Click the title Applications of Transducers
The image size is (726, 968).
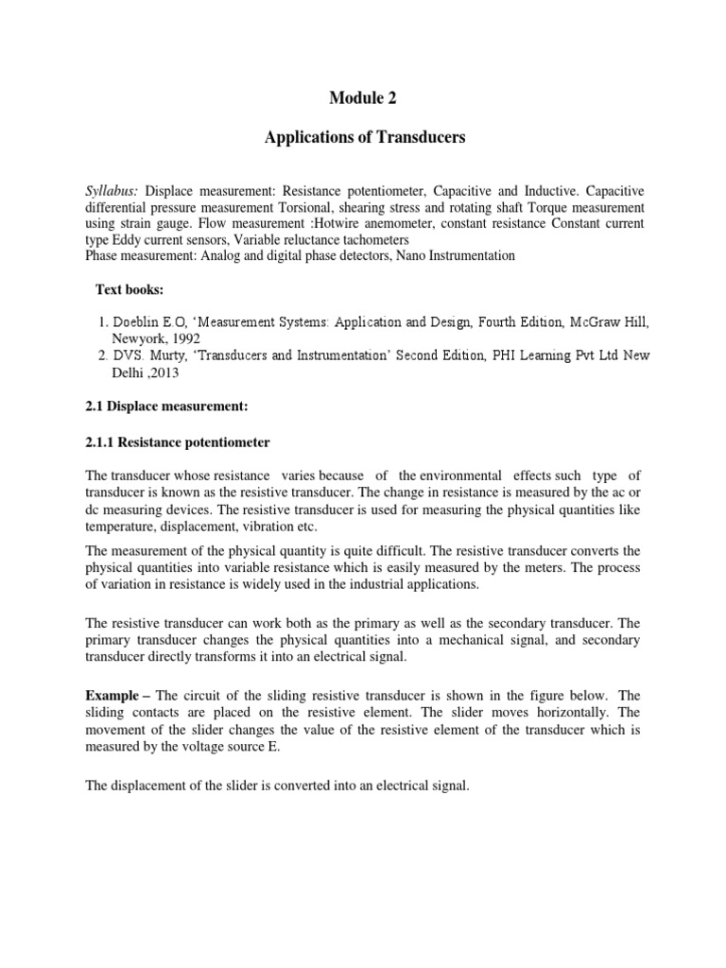363,137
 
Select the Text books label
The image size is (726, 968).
132,288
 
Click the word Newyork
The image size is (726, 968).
130,337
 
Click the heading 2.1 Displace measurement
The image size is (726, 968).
165,406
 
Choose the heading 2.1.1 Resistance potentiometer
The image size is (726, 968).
178,441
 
